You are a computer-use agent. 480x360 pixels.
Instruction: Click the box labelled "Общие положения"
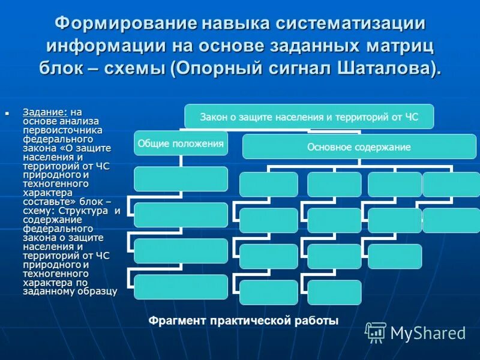(x=181, y=143)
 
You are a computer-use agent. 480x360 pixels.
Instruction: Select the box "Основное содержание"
(x=358, y=146)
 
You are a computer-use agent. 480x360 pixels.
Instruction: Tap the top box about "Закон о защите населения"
(x=308, y=116)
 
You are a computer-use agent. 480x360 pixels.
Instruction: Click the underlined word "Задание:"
(x=45, y=112)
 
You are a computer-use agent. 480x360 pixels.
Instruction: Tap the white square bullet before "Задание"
(x=8, y=112)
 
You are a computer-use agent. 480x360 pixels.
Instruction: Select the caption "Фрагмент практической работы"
(x=244, y=320)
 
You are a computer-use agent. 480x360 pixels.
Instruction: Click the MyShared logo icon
(x=376, y=332)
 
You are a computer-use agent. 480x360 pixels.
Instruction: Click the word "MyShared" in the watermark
(x=428, y=333)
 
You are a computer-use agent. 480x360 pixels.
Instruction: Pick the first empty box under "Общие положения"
(x=181, y=179)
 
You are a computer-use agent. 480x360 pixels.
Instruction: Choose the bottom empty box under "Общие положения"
(x=181, y=286)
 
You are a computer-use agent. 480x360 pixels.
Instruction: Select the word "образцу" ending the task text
(x=96, y=291)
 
